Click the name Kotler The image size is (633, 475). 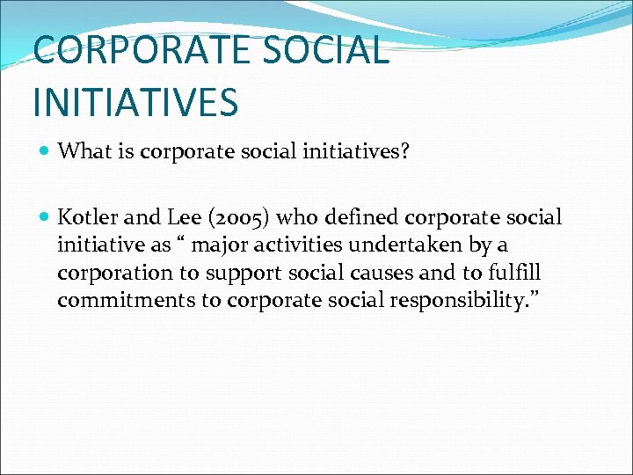pyautogui.click(x=85, y=217)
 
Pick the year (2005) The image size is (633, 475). pyautogui.click(x=240, y=218)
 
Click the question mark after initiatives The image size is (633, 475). pyautogui.click(x=428, y=151)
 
